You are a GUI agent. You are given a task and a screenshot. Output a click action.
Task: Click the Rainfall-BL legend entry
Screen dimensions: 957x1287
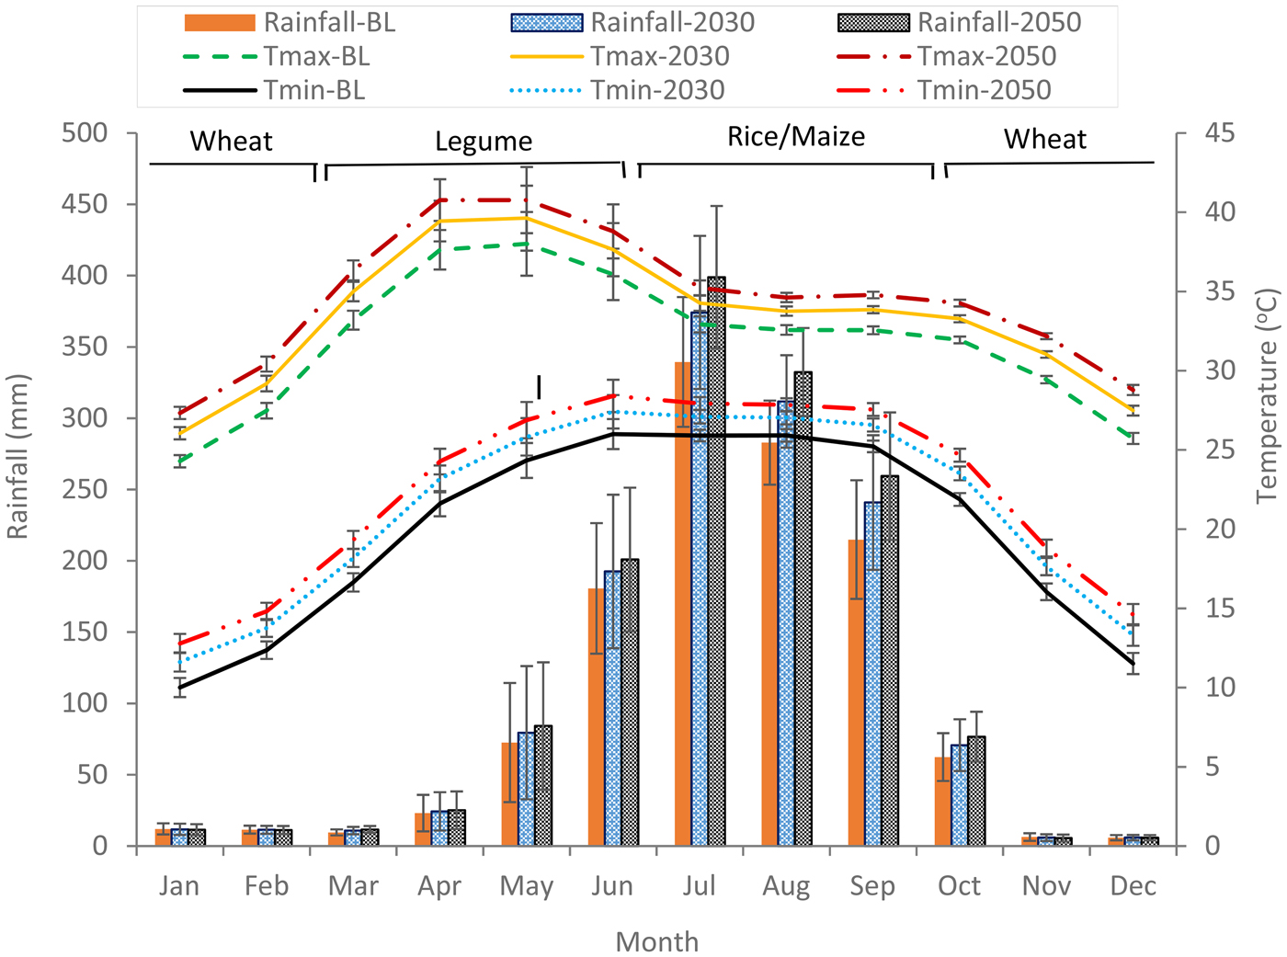click(290, 23)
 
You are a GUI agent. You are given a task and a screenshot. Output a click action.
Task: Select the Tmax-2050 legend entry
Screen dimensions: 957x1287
click(947, 57)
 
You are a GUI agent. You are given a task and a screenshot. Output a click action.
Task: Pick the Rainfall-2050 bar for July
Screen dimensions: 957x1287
click(716, 561)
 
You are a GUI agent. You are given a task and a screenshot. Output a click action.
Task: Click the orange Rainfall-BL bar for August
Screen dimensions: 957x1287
click(769, 644)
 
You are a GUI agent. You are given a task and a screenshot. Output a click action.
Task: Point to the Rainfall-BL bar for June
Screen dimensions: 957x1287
click(597, 717)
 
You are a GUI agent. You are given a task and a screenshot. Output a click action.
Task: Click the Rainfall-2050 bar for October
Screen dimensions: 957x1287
click(976, 791)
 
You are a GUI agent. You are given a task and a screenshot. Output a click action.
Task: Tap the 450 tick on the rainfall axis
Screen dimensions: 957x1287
click(85, 204)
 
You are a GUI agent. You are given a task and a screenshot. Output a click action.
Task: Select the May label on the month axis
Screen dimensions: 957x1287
click(526, 886)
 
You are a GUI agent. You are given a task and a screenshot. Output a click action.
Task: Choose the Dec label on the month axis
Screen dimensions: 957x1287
click(1133, 886)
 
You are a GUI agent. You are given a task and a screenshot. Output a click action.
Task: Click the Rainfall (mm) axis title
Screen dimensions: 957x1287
click(18, 456)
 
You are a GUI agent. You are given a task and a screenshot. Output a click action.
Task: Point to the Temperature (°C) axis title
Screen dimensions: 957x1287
click(1267, 395)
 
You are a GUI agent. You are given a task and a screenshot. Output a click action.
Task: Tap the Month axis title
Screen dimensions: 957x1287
click(656, 941)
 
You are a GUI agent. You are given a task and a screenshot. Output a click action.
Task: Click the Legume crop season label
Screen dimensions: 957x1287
click(484, 142)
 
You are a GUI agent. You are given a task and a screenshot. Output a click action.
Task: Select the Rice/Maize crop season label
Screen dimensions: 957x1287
click(796, 137)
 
